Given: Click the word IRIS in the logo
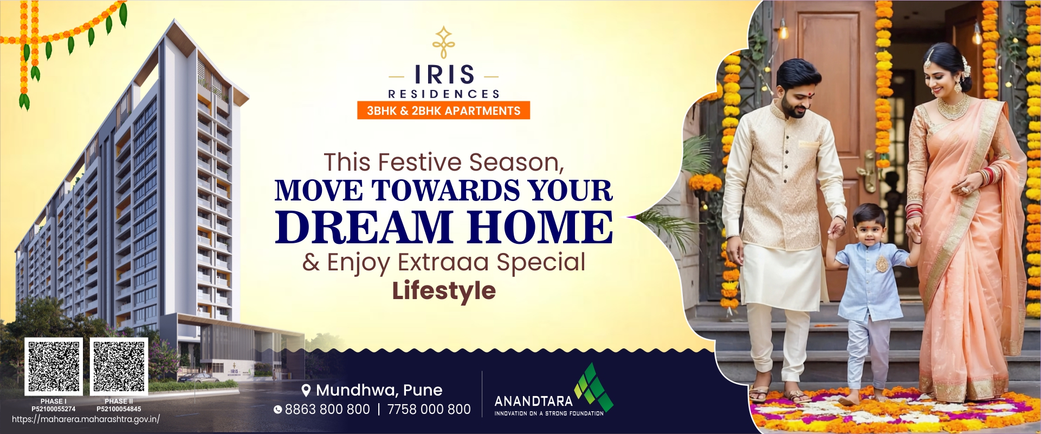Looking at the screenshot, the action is point(444,75).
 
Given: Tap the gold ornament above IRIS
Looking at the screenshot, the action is point(444,42).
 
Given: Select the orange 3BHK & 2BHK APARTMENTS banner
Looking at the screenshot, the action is point(443,111).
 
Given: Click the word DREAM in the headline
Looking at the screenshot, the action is point(364,226).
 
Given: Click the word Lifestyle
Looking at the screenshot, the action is point(444,290).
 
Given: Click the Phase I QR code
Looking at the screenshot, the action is point(54,366).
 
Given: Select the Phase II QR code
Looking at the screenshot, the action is point(119,366).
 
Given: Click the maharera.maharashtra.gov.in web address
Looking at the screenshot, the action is point(86,419).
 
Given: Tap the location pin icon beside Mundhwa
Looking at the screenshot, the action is point(306,390).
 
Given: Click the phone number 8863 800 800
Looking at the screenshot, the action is point(327,410).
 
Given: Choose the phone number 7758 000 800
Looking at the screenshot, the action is point(429,410).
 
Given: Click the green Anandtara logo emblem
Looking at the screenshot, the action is point(593,388).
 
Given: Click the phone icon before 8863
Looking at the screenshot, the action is point(278,410).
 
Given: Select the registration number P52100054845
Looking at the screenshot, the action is point(119,409).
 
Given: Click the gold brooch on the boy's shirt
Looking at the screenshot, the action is point(882,264).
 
